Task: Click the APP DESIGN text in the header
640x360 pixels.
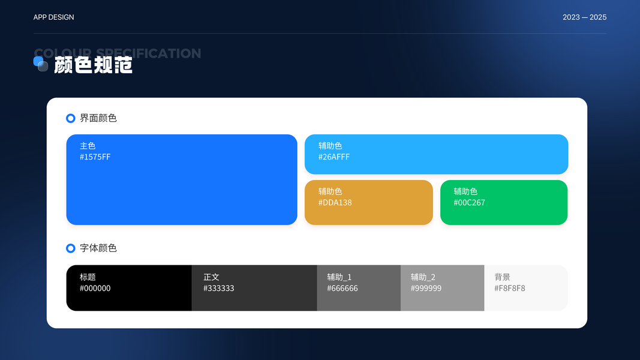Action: coord(54,17)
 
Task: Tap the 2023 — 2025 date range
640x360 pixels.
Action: coord(584,17)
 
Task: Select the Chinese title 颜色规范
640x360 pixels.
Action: coord(94,65)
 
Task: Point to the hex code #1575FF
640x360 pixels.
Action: coord(95,157)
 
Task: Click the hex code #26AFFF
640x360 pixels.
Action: coord(334,157)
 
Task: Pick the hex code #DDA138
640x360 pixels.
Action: coord(335,203)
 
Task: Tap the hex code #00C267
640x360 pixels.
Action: coord(469,203)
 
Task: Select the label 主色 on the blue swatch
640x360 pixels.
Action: coord(88,146)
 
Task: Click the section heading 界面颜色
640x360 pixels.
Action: coord(98,118)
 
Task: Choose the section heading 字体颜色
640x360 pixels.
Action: coord(98,248)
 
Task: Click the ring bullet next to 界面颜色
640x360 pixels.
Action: coord(71,118)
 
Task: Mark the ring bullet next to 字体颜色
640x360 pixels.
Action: coord(71,248)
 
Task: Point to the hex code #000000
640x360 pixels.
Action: coord(95,289)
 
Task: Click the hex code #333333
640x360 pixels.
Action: coord(218,289)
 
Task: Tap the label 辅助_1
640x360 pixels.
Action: coord(339,277)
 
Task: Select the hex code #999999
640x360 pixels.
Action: coord(426,289)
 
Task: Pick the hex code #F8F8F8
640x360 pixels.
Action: coord(510,289)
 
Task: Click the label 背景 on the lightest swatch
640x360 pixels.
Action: coord(503,277)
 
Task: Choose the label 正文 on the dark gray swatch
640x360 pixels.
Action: coord(211,277)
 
